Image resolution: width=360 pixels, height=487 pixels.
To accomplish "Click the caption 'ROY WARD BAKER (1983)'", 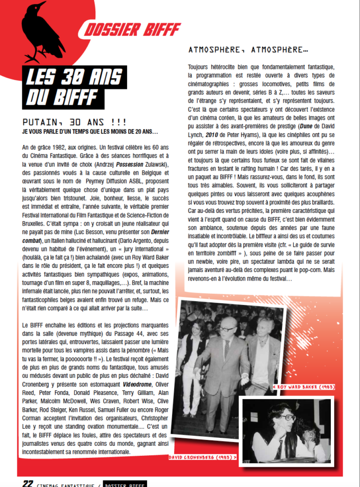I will (x=303, y=387).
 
